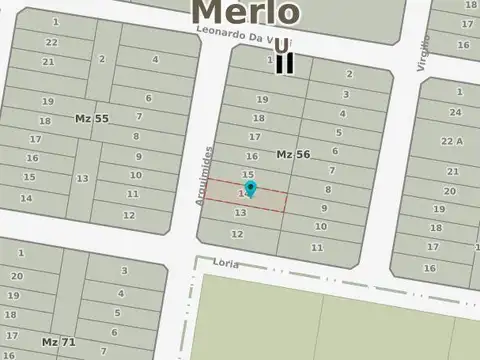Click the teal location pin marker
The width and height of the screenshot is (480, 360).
(x=250, y=188)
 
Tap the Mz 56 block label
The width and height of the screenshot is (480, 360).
(x=293, y=154)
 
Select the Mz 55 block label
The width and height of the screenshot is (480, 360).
(x=92, y=118)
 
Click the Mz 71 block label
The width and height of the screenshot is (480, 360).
(x=58, y=341)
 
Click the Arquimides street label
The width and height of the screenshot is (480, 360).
(x=207, y=175)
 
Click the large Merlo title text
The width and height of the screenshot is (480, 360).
(x=245, y=11)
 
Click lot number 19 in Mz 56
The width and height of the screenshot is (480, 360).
(x=262, y=99)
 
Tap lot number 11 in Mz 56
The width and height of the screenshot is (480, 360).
(x=317, y=247)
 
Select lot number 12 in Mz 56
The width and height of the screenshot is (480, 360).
(x=237, y=234)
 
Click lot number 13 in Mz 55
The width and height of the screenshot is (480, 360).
(x=82, y=178)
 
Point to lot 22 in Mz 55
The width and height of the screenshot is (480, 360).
(x=51, y=42)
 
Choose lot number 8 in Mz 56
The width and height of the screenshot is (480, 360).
(x=327, y=189)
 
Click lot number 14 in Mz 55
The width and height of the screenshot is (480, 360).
(x=26, y=197)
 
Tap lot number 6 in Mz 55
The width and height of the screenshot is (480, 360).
(x=148, y=98)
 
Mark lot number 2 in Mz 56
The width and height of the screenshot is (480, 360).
(x=349, y=73)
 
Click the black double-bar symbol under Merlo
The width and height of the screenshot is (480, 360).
(x=285, y=55)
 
